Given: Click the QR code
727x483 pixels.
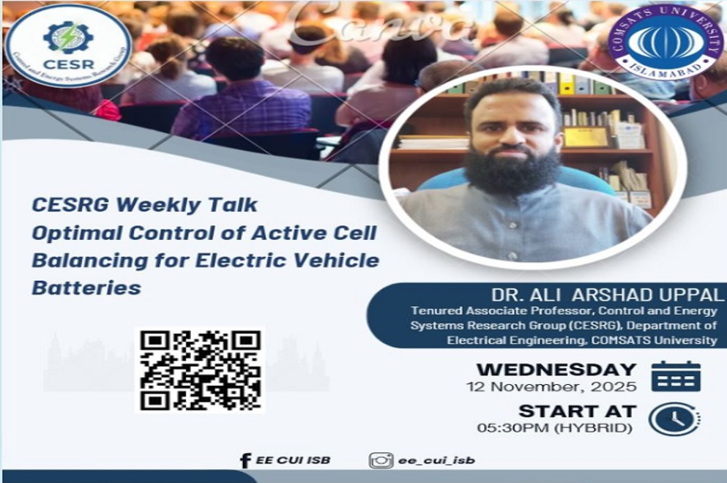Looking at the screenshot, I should [x=200, y=370].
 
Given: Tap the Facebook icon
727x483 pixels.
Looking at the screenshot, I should [x=245, y=460].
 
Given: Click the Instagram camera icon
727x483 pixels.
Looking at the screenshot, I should [x=381, y=460].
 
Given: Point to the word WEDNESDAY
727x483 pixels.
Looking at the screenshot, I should [x=556, y=369].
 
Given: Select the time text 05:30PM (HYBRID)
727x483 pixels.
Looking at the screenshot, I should [x=554, y=427].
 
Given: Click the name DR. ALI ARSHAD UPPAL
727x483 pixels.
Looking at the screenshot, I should [x=607, y=295].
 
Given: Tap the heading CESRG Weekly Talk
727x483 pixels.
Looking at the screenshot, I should [x=144, y=205].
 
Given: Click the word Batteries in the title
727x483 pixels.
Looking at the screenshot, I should [x=86, y=288].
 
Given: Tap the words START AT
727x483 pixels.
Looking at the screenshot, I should [x=577, y=411].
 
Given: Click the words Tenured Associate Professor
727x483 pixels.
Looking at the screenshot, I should [x=484, y=311].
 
